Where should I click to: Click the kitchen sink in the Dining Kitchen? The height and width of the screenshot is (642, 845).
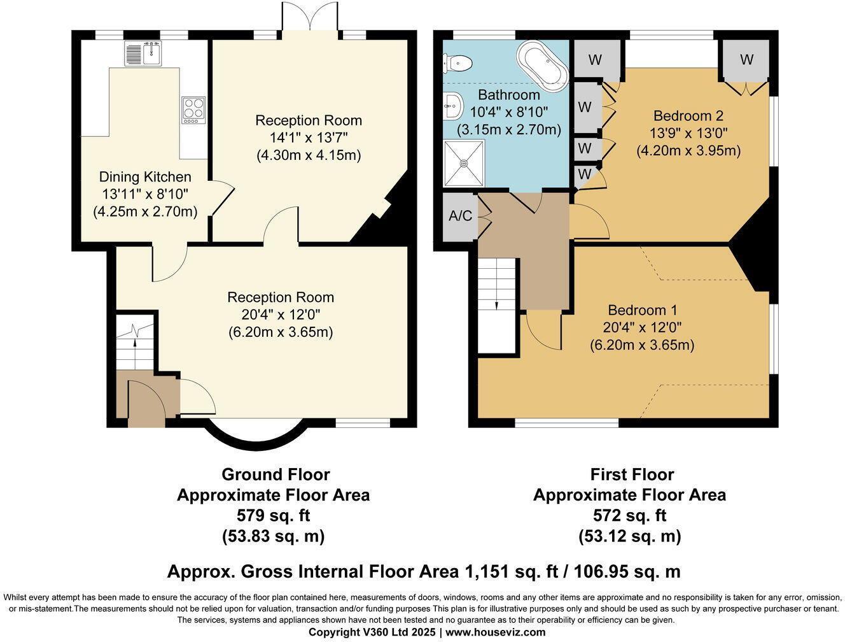pyautogui.click(x=143, y=53)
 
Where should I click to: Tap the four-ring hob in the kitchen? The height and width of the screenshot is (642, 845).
pyautogui.click(x=193, y=110)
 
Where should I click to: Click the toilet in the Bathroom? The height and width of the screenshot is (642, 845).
pyautogui.click(x=457, y=62)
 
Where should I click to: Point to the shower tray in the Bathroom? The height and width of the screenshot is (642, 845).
pyautogui.click(x=464, y=163)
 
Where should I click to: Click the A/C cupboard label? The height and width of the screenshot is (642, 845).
pyautogui.click(x=460, y=216)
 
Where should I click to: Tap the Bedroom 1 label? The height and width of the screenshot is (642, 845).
pyautogui.click(x=642, y=310)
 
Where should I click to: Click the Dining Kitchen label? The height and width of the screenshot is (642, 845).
pyautogui.click(x=145, y=177)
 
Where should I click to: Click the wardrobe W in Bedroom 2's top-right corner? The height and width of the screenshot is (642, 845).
pyautogui.click(x=746, y=60)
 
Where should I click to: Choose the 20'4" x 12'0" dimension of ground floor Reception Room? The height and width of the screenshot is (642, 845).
pyautogui.click(x=281, y=315)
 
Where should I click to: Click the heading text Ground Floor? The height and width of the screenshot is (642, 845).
pyautogui.click(x=276, y=474)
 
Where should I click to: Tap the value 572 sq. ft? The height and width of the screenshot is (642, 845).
pyautogui.click(x=629, y=515)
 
